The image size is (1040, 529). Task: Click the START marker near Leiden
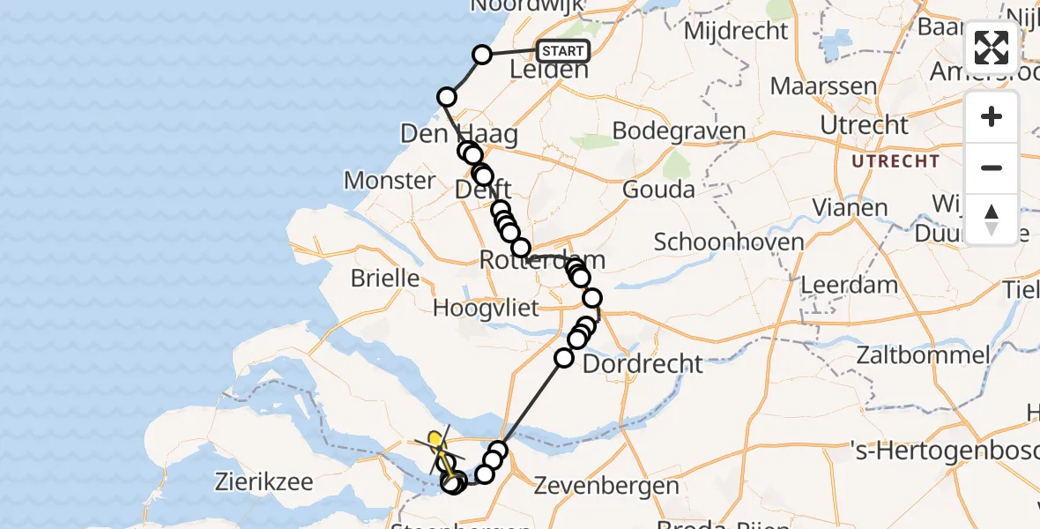click(562, 51)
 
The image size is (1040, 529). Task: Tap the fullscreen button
click(992, 48)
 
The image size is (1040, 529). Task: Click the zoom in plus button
click(992, 116)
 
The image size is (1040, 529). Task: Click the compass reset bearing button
click(992, 219)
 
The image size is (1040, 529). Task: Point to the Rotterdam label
click(542, 260)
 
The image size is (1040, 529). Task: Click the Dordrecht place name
click(643, 363)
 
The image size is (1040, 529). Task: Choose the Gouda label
click(657, 189)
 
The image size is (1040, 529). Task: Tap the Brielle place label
click(384, 278)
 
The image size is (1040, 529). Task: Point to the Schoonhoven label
click(717, 242)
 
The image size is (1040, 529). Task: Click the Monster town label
click(389, 181)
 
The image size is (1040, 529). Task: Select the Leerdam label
click(849, 286)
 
